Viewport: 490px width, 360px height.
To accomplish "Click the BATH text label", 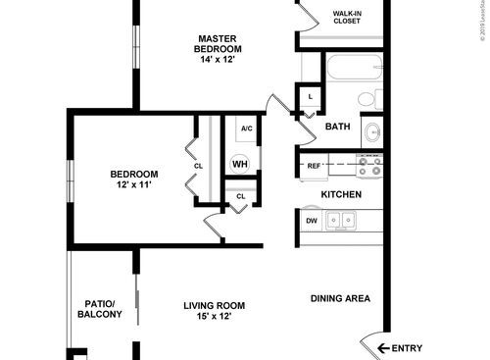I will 337,127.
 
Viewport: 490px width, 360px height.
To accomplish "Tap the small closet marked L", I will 311,97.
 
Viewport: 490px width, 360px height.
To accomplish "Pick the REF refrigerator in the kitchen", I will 315,166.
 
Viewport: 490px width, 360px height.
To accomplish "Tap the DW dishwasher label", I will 312,222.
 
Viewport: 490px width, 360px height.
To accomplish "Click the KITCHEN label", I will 342,194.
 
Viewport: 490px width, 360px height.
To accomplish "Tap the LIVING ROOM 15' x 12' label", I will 213,311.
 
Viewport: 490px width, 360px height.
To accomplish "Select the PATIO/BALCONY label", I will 100,309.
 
